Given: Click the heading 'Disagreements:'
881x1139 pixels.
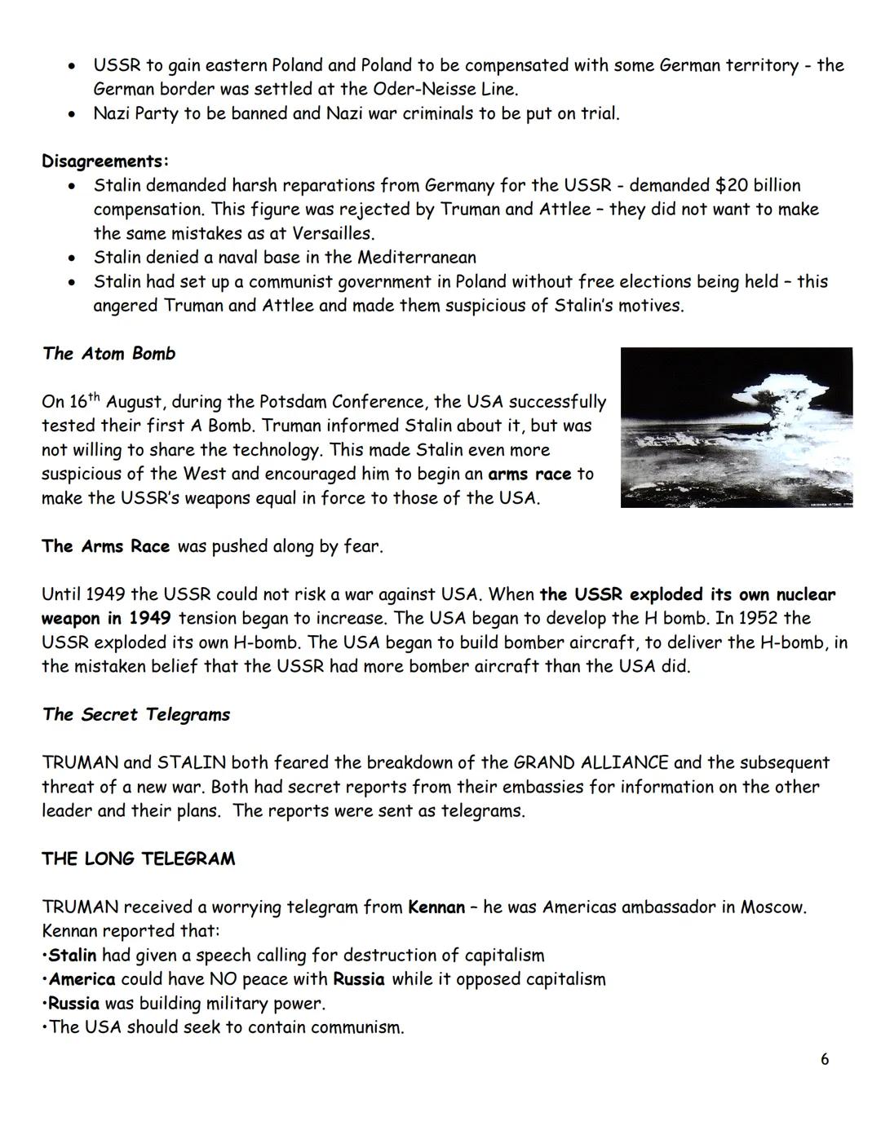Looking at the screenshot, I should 105,161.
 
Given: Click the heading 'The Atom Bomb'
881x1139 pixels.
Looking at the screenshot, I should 108,354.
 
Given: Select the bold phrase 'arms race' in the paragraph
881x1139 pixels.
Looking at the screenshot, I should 529,475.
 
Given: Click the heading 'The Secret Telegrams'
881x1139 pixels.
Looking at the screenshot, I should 136,715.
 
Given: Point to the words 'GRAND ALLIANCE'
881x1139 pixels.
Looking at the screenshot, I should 591,763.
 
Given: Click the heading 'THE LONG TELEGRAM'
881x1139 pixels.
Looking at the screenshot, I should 139,859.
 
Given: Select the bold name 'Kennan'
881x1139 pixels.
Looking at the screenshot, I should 436,907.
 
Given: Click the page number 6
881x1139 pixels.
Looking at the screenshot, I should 825,1059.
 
